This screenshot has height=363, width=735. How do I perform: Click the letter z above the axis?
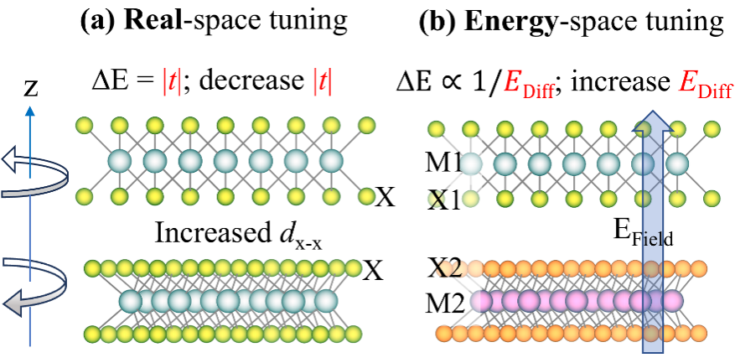coord(32,89)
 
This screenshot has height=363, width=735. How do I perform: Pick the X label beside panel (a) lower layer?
coord(374,269)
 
